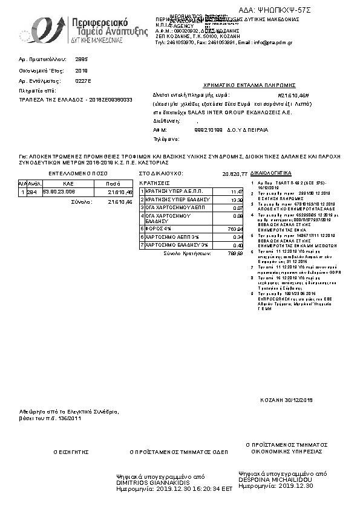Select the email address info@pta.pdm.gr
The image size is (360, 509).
tap(275, 44)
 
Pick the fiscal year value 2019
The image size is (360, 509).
tap(82, 71)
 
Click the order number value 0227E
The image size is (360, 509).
tap(83, 80)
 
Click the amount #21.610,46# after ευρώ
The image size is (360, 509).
tap(293, 96)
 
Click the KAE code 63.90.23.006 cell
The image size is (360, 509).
tap(59, 192)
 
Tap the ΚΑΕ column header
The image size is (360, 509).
tap(68, 183)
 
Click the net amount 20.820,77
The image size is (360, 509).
tap(235, 174)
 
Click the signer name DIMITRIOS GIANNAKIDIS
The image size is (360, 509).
tap(153, 483)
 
